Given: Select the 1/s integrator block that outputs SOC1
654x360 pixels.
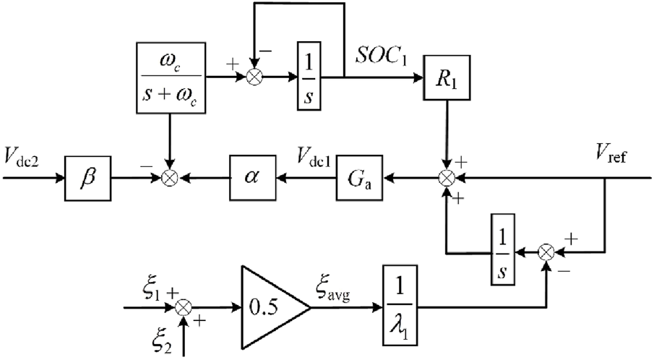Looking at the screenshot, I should pyautogui.click(x=309, y=77).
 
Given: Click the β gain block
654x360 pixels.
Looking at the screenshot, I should pyautogui.click(x=87, y=177).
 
